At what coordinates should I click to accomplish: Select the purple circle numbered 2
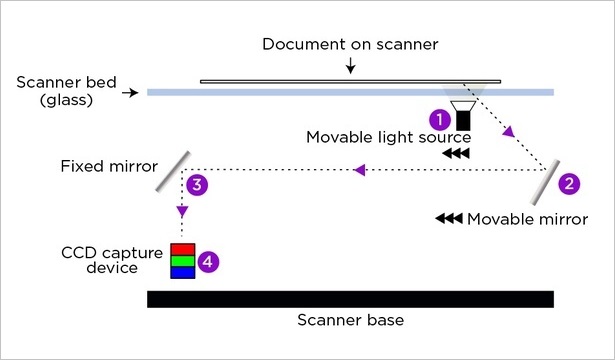coord(568,184)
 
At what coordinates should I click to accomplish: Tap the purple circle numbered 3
coord(198,184)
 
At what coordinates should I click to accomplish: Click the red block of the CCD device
coord(182,248)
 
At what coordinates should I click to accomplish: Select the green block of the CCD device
coord(182,260)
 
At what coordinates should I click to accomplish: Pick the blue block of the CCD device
coord(182,272)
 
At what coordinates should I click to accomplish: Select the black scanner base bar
coord(350,299)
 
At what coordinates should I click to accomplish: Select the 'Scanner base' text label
coord(350,321)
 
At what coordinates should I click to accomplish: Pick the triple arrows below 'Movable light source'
coord(455,154)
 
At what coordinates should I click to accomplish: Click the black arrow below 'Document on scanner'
coord(350,68)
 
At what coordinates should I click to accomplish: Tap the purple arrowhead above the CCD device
coord(181,212)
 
